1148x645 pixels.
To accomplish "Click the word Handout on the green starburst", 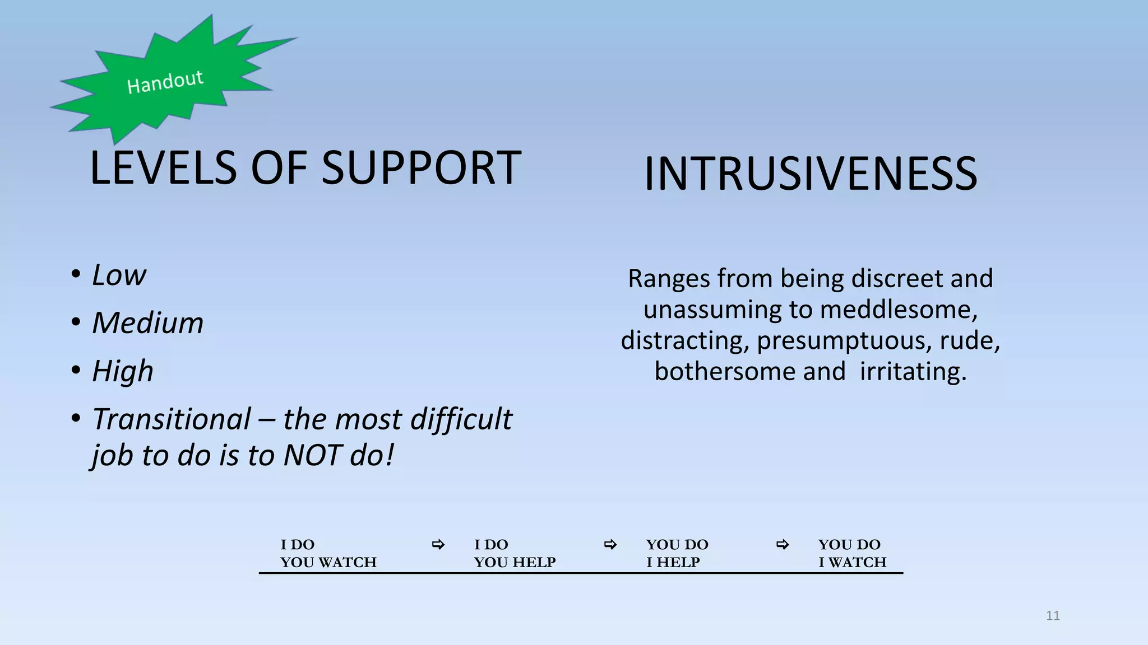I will (x=165, y=82).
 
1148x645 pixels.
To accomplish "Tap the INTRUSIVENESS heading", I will (x=811, y=174).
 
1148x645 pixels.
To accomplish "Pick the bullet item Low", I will (x=119, y=275).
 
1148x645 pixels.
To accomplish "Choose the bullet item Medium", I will (x=147, y=323).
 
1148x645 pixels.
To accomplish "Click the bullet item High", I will (x=122, y=371).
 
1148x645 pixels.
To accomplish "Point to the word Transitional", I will (x=172, y=419).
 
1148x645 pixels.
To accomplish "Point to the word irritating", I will (x=913, y=372).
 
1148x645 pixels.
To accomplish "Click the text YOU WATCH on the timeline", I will (x=328, y=562).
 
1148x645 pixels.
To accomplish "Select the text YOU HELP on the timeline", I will (x=515, y=562).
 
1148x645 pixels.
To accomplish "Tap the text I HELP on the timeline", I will (x=673, y=562).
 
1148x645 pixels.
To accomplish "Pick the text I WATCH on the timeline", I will (x=852, y=562).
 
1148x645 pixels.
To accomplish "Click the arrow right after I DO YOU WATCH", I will (x=438, y=544).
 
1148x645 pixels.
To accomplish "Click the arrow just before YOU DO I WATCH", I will (x=783, y=544).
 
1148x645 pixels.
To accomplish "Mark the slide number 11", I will (x=1053, y=616).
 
